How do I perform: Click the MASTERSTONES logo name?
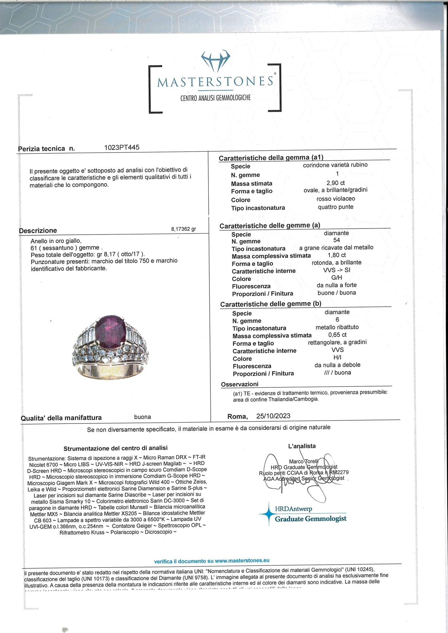[x=215, y=82]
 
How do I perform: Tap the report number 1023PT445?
[x=122, y=147]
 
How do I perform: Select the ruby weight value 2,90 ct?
[x=336, y=183]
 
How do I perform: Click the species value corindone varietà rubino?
[x=335, y=165]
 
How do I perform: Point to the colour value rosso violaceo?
[x=336, y=199]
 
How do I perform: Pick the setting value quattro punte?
[x=336, y=207]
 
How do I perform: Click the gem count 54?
[x=336, y=240]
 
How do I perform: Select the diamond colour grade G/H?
[x=336, y=278]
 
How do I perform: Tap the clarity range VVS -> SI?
[x=336, y=270]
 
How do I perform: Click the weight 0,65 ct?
[x=337, y=335]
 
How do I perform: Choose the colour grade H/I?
[x=337, y=358]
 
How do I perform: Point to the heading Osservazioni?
[x=240, y=384]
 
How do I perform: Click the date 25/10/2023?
[x=273, y=416]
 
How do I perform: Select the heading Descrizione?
[x=38, y=230]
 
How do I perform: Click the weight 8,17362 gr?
[x=183, y=229]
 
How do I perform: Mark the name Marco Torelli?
[x=304, y=461]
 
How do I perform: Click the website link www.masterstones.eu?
[x=242, y=561]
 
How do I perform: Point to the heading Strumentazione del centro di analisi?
[x=115, y=448]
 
